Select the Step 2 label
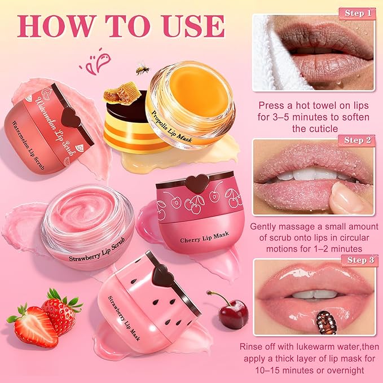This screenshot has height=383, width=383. click(x=356, y=140)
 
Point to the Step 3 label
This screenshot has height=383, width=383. click(x=356, y=261)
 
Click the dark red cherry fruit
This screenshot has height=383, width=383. click(x=232, y=313)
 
